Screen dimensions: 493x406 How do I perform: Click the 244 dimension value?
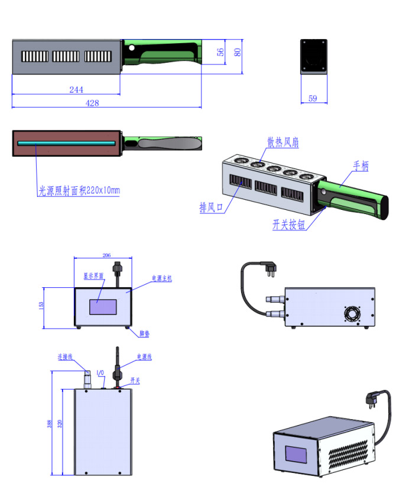coord(76,90)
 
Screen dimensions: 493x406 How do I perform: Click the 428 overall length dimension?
coord(92,103)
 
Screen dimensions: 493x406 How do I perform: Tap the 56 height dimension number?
coord(220,52)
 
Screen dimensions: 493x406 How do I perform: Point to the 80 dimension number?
coord(238,51)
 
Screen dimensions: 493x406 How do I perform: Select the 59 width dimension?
coord(313,98)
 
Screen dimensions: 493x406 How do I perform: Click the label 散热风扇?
coord(282,142)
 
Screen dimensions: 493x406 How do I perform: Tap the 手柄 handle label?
coord(360,166)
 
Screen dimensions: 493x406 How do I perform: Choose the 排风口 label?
coord(211,207)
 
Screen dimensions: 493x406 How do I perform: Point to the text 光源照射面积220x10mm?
coord(79,190)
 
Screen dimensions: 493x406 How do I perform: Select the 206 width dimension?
coord(106,255)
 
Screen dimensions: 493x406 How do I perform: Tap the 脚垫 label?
coord(144,334)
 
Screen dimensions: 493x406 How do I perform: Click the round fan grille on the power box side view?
coord(353,313)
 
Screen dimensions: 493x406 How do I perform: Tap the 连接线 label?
coord(64,357)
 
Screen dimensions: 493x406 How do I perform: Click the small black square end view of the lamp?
coord(313,56)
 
